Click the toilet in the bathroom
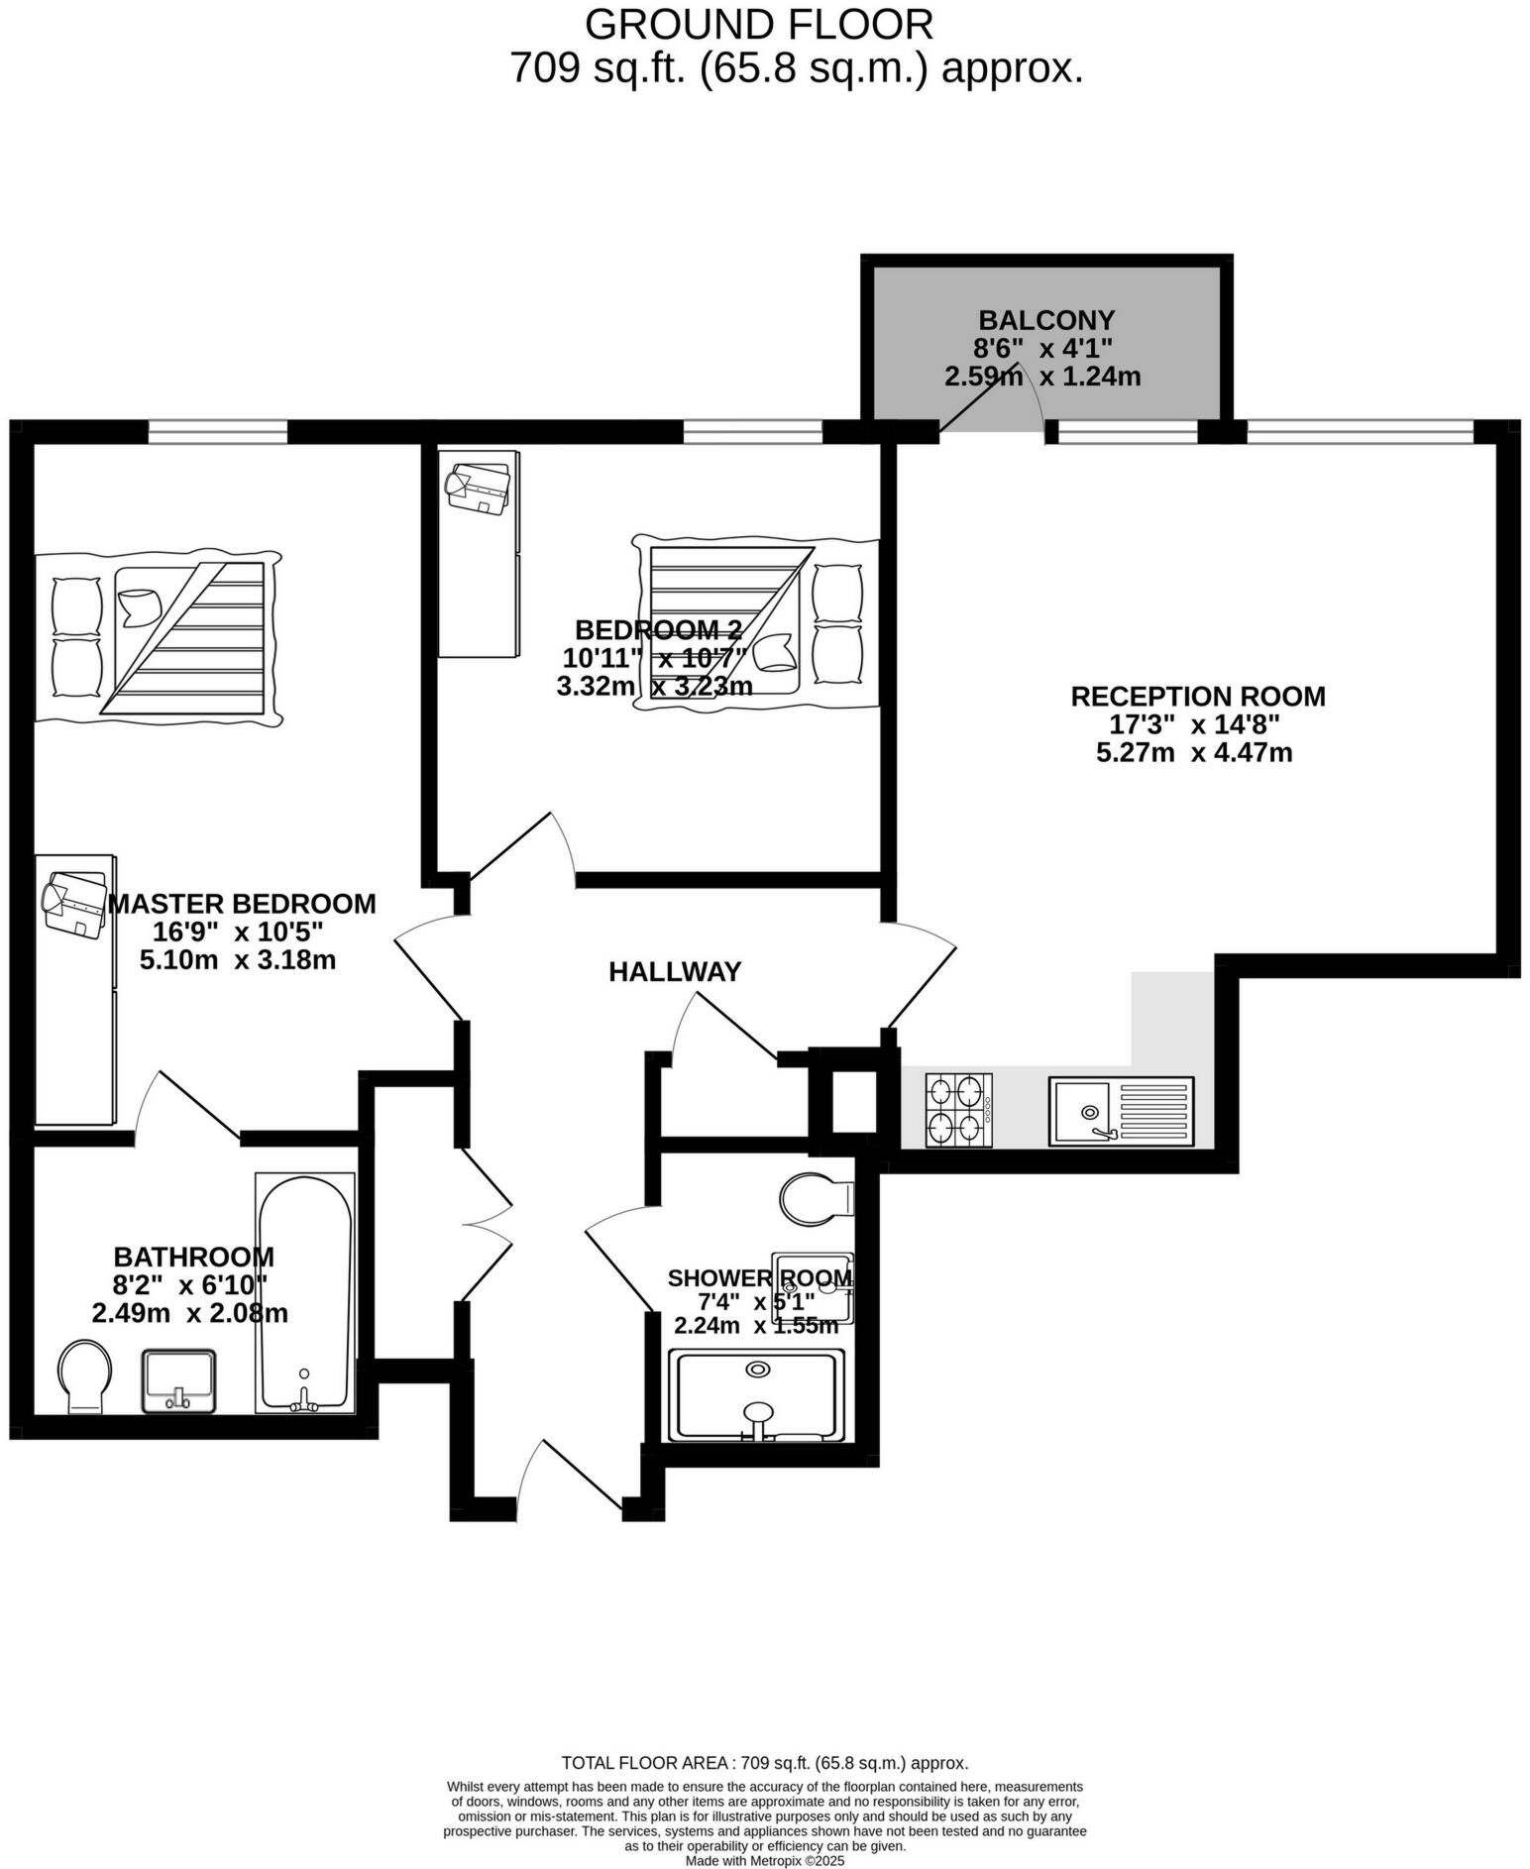[x=83, y=1376]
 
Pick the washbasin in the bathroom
[x=178, y=1379]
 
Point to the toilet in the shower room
[x=816, y=1199]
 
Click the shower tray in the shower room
[x=757, y=1394]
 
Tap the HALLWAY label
[x=674, y=972]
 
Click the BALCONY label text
[x=1045, y=320]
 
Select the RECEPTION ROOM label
[x=1197, y=697]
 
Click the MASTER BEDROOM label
[x=241, y=904]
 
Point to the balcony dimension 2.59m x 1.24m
[x=1041, y=377]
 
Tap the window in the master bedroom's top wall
[x=218, y=431]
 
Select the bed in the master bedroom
[x=159, y=636]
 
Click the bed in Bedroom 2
[x=756, y=622]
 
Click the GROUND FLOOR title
[x=758, y=24]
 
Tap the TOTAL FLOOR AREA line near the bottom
[x=764, y=1763]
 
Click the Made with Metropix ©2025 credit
[x=764, y=1861]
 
